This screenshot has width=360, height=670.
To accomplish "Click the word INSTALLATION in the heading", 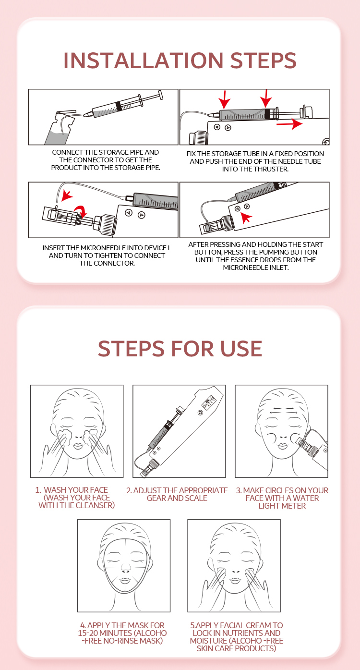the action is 144,61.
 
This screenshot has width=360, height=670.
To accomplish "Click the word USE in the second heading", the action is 241,349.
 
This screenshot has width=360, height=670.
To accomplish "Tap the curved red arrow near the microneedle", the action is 81,210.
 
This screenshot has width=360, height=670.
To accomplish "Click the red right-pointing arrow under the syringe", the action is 289,123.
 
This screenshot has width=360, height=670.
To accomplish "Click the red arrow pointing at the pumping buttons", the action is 246,217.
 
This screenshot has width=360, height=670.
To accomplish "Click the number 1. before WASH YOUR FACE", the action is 38,490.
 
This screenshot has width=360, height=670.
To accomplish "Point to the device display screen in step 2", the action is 209,403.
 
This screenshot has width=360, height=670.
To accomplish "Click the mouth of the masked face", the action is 125,581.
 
